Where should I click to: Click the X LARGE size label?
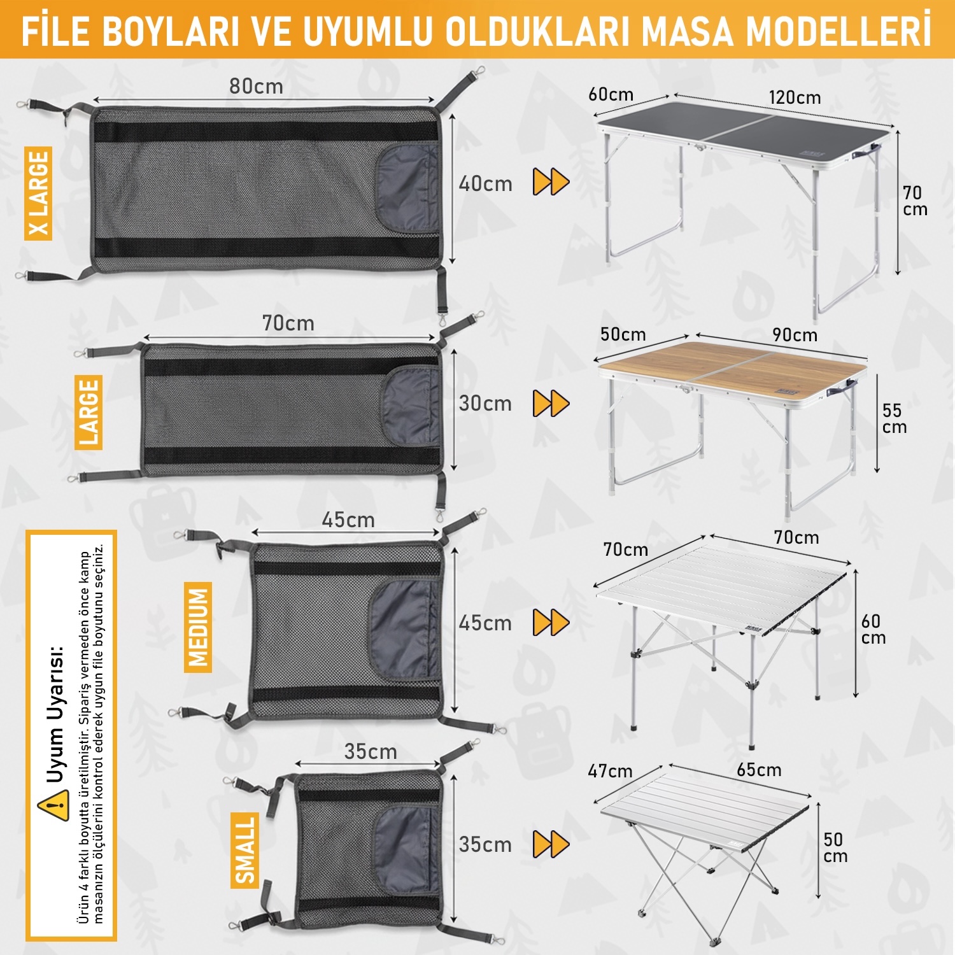38,193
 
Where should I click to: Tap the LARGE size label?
88,412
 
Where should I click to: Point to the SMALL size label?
244,850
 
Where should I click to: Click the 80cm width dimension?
256,87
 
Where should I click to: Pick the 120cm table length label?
795,97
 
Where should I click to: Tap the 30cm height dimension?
485,403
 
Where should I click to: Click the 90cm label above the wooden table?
795,335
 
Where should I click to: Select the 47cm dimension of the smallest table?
610,771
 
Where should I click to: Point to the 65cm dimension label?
759,770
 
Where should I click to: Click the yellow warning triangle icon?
53,805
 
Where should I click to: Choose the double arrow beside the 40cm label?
551,182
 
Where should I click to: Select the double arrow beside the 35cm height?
551,844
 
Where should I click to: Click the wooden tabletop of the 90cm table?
732,369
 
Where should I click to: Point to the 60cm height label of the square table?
873,629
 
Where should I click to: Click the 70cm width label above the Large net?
288,323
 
